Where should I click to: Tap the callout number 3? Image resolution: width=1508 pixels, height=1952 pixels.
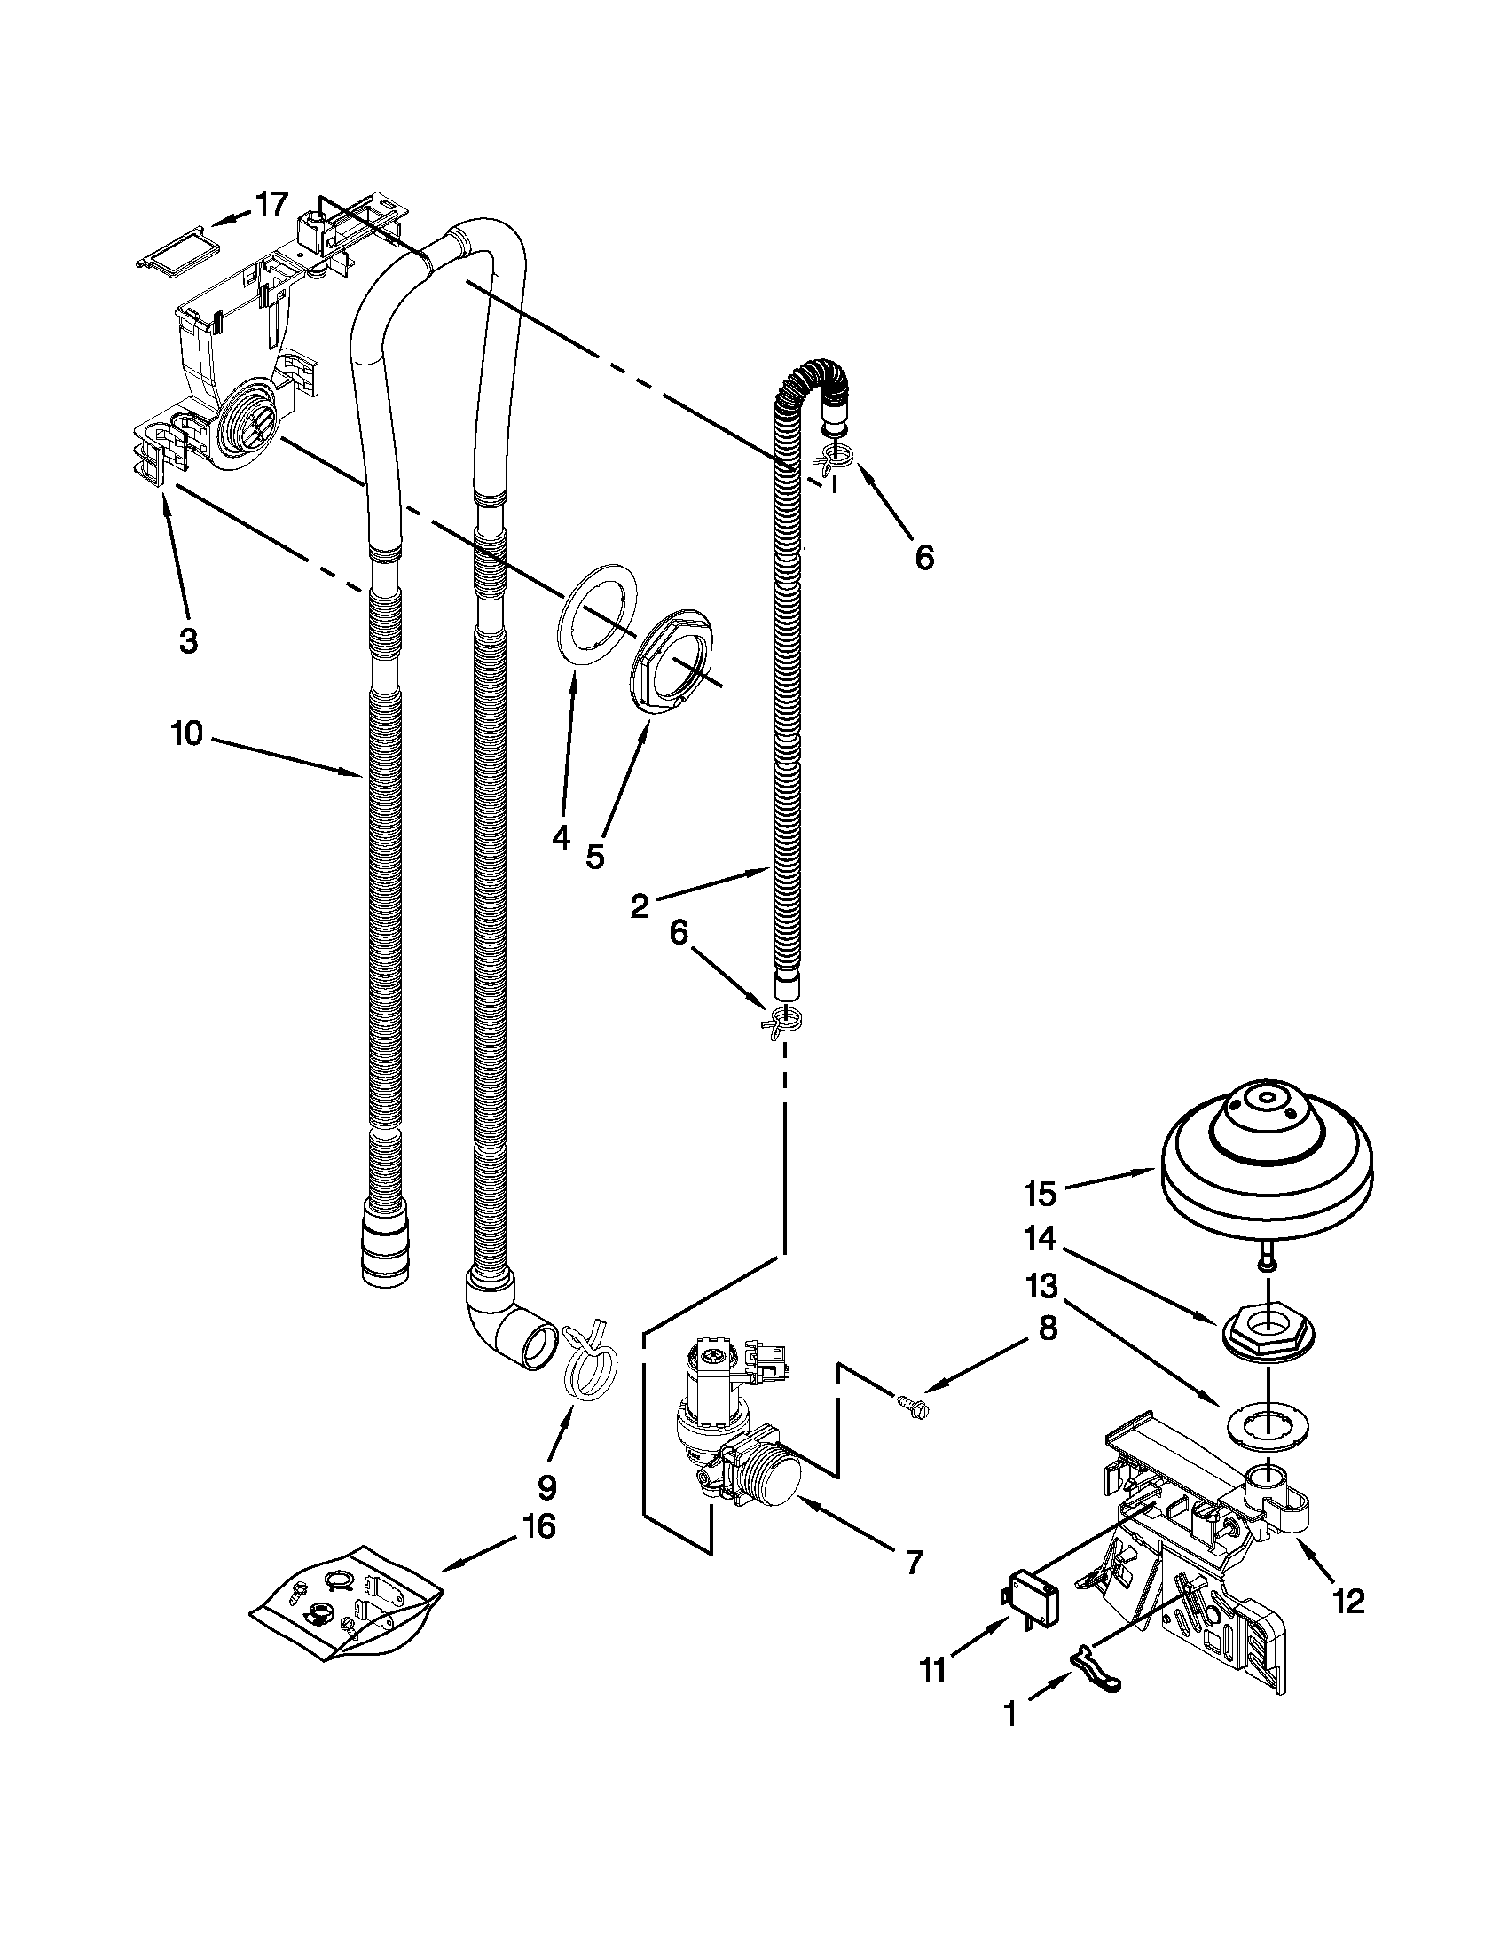click(x=188, y=641)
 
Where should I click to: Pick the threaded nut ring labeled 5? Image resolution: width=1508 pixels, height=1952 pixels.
click(x=675, y=659)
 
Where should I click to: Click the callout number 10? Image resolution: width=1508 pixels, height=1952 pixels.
click(x=188, y=734)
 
